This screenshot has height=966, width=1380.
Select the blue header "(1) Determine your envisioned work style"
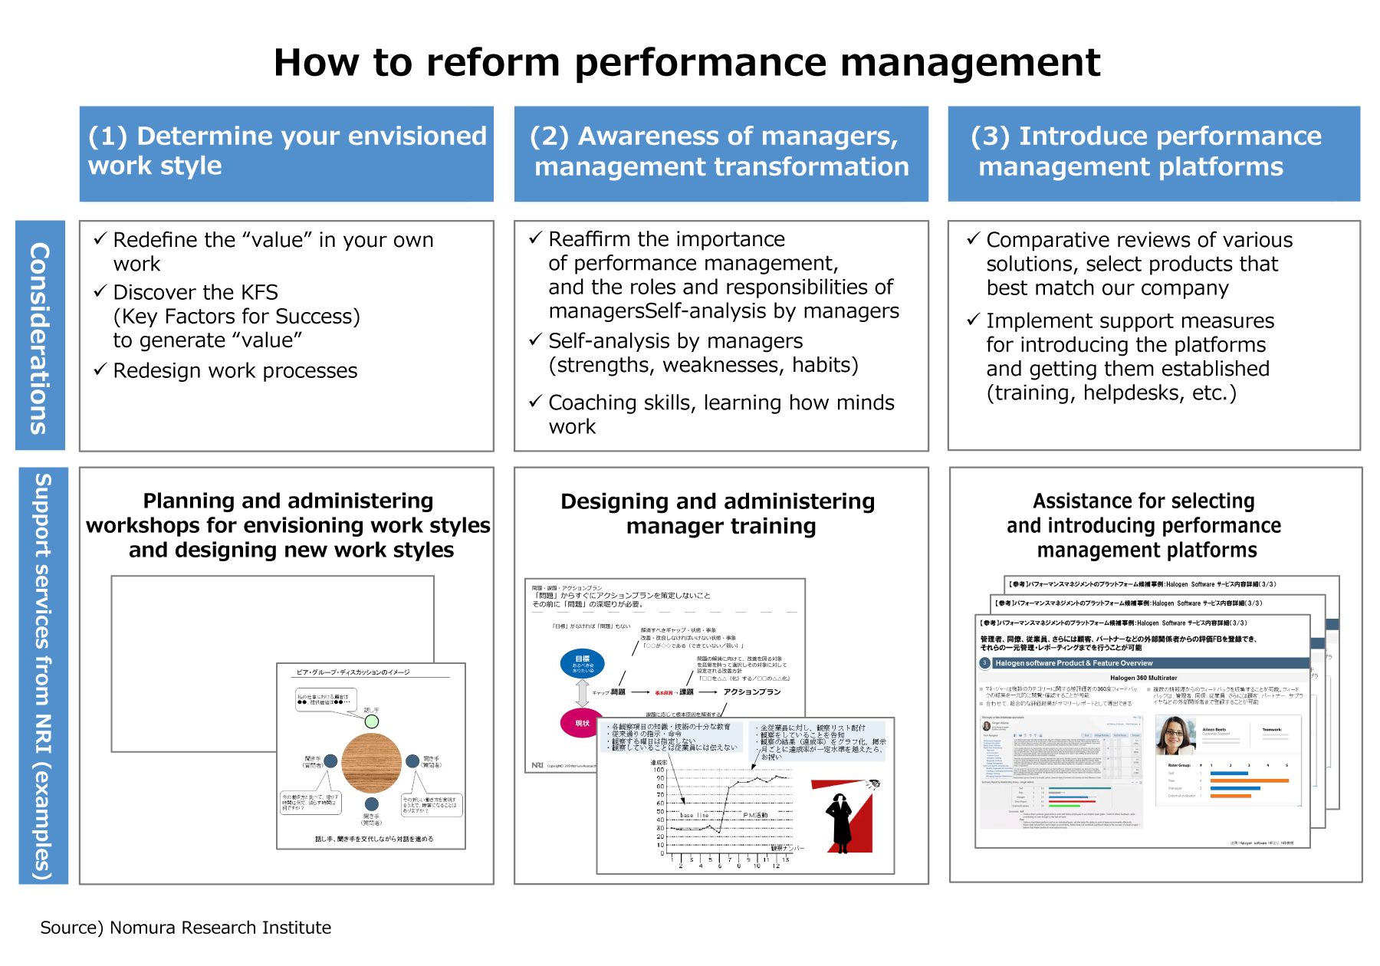287,153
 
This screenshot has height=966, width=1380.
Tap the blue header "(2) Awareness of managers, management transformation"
721,153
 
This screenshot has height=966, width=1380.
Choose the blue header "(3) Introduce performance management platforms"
1154,153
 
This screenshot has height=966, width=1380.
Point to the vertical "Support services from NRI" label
43,675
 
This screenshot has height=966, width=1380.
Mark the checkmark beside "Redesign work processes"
100,370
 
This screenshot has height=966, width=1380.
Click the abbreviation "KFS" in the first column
259,292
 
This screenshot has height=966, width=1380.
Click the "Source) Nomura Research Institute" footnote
186,928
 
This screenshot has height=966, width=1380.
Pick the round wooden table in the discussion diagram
371,763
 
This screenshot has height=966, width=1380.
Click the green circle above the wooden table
372,721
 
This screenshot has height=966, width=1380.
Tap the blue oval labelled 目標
583,663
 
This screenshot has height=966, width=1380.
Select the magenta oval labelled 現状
580,723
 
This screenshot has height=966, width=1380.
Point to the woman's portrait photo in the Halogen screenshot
1175,736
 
